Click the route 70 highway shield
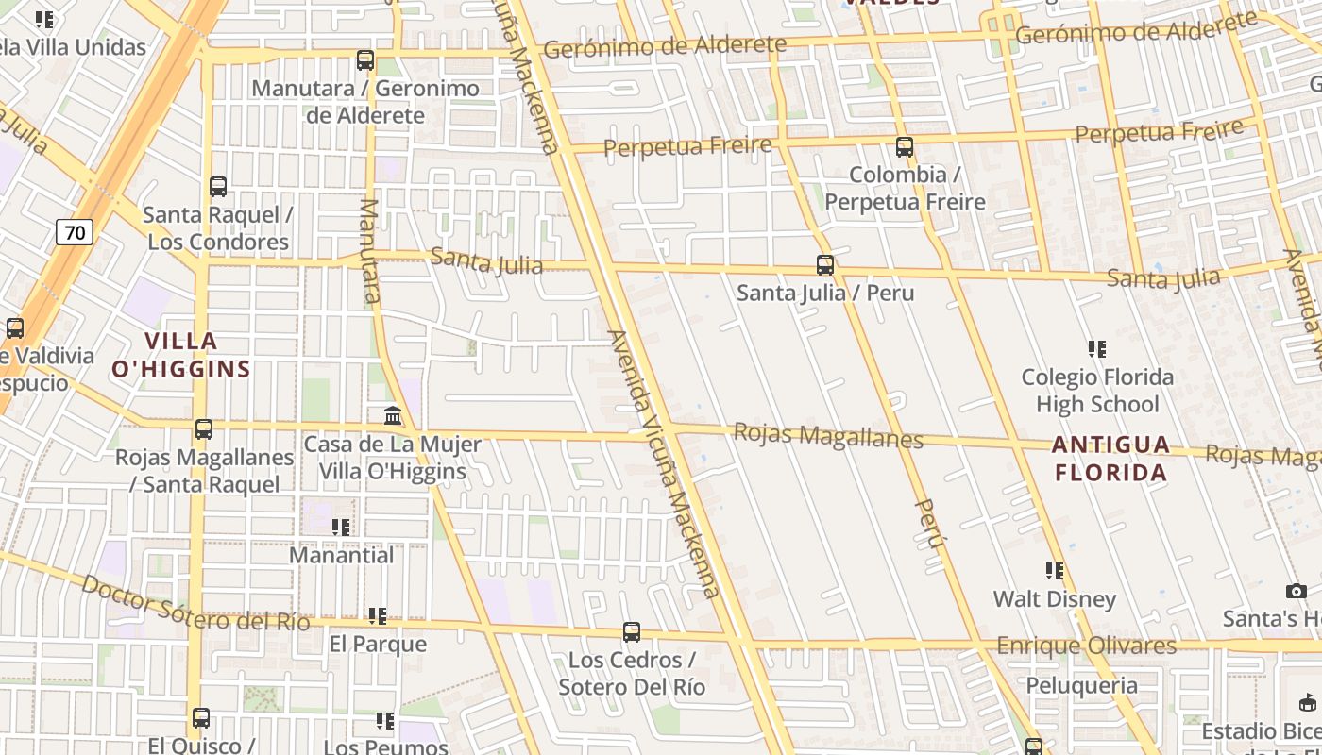click(x=75, y=231)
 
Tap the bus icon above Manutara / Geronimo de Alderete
click(x=365, y=60)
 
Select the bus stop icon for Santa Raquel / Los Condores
click(x=218, y=187)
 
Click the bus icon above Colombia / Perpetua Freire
click(x=905, y=147)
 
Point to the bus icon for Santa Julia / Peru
click(x=825, y=265)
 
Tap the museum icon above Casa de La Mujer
click(x=393, y=415)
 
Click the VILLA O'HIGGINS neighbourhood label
click(x=180, y=355)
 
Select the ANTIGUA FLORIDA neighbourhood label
click(x=1110, y=458)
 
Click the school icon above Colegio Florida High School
click(x=1096, y=349)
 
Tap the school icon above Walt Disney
click(x=1055, y=571)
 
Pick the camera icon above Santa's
click(x=1297, y=592)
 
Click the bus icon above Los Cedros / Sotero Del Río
click(x=632, y=632)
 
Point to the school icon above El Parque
click(x=378, y=616)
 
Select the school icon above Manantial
click(x=341, y=527)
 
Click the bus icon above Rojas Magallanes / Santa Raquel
click(x=204, y=429)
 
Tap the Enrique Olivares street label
click(x=1087, y=646)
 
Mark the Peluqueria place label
click(x=1081, y=685)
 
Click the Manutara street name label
click(x=370, y=251)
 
